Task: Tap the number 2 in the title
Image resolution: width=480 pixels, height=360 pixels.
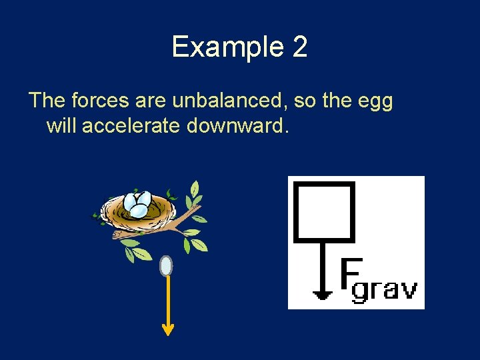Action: tap(300, 47)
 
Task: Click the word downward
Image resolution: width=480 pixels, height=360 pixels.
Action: tap(237, 125)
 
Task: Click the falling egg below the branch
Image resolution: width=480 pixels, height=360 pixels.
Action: tap(166, 266)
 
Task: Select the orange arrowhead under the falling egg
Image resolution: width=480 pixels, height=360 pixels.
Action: tap(167, 329)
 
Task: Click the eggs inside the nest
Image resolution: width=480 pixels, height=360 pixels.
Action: tap(139, 204)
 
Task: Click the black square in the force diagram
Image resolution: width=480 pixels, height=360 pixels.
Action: tap(323, 211)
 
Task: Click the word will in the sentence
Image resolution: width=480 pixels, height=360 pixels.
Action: tap(62, 125)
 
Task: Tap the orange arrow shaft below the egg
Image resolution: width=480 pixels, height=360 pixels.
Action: tap(167, 300)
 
